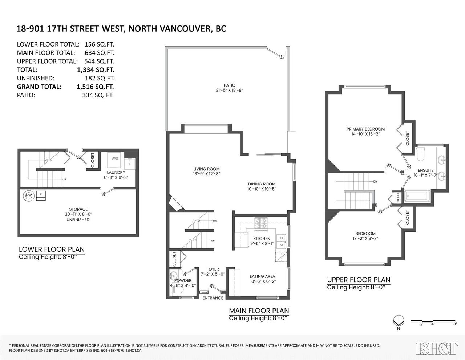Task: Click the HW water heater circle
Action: (x=28, y=196)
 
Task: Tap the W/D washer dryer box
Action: (x=114, y=160)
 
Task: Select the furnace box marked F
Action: (x=41, y=196)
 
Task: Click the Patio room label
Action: (x=230, y=85)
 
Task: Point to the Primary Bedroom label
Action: (x=365, y=129)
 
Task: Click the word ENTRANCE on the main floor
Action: (x=213, y=298)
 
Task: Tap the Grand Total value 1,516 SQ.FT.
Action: (x=95, y=87)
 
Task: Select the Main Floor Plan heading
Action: (x=259, y=311)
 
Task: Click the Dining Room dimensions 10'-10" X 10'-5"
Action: (x=262, y=189)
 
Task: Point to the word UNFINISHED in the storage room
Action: (x=78, y=220)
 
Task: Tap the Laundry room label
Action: (x=116, y=172)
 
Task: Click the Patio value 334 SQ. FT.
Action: (x=98, y=95)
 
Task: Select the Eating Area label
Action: (x=262, y=276)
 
